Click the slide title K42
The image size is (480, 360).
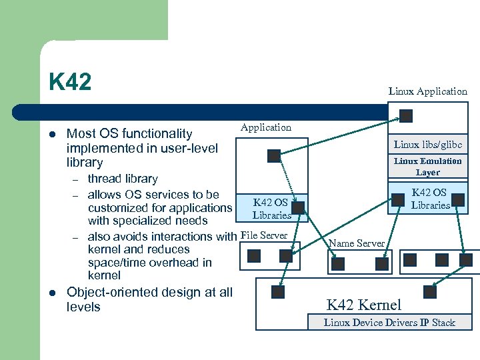pyautogui.click(x=69, y=83)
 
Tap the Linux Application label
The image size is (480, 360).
pyautogui.click(x=427, y=91)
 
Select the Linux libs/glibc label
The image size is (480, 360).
pyautogui.click(x=427, y=145)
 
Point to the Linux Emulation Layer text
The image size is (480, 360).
pyautogui.click(x=427, y=167)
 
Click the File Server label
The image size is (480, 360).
pyautogui.click(x=264, y=235)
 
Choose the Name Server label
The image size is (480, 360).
pyautogui.click(x=357, y=243)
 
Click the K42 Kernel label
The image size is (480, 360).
pyautogui.click(x=363, y=305)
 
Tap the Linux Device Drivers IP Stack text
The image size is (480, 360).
pyautogui.click(x=389, y=323)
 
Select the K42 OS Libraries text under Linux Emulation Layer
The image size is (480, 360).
pyautogui.click(x=430, y=199)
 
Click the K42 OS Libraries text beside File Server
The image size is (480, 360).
pyautogui.click(x=271, y=209)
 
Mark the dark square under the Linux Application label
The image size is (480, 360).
pyautogui.click(x=405, y=116)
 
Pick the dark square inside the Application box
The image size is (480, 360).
pyautogui.click(x=273, y=156)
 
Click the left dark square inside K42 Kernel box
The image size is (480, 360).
pyautogui.click(x=278, y=291)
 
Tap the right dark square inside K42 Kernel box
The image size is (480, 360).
pyautogui.click(x=430, y=291)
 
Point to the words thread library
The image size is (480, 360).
pyautogui.click(x=123, y=179)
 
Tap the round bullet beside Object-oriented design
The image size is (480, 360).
pyautogui.click(x=52, y=293)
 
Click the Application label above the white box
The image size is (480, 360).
pyautogui.click(x=266, y=127)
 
